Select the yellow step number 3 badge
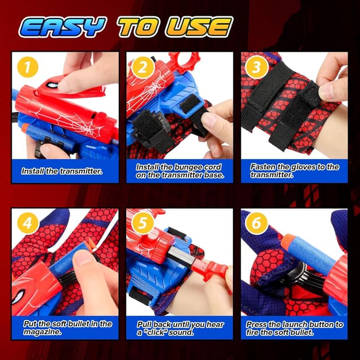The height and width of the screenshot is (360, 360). (x=257, y=68)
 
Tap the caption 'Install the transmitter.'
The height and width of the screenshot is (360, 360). (x=62, y=170)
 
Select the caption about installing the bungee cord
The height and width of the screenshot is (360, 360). (x=179, y=170)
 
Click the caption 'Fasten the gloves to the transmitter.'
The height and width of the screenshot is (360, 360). (x=294, y=170)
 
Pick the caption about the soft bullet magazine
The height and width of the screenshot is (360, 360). (x=66, y=327)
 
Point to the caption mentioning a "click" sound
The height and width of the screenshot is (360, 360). (x=179, y=327)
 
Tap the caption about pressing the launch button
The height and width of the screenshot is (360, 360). (x=294, y=327)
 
